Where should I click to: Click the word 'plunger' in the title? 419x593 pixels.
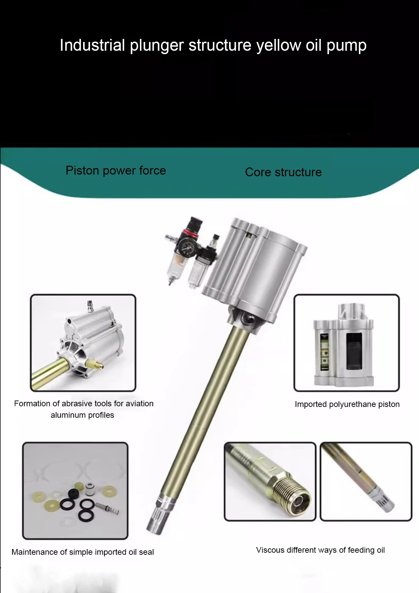coord(156,46)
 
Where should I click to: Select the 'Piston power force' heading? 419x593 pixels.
coord(116,170)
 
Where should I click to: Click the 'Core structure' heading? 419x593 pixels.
coord(283,172)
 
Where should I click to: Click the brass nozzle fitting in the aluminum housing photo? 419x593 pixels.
coord(95,364)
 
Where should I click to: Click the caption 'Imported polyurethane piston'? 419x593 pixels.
coord(347,404)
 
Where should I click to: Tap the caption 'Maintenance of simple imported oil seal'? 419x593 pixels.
coord(82,552)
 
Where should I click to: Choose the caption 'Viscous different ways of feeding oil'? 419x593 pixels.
coord(320,550)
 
